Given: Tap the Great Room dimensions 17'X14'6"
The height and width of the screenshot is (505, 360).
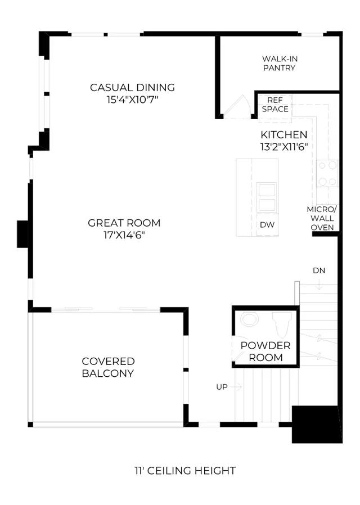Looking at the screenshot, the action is click(x=124, y=235).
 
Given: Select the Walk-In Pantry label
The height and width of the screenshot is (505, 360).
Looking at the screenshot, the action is click(x=280, y=64).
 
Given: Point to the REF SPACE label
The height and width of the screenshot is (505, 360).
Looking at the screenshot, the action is click(x=275, y=105).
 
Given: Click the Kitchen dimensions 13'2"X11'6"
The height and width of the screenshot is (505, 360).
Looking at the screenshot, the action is click(x=284, y=147).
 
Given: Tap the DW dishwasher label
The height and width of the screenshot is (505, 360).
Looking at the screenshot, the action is click(x=267, y=224).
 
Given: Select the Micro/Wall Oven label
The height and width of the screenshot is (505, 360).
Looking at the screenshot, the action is click(x=322, y=218).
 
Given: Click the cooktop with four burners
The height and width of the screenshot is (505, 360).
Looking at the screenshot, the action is click(x=327, y=174).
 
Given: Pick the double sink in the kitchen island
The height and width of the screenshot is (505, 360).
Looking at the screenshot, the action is click(x=267, y=197).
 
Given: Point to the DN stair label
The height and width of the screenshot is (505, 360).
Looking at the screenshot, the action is click(x=319, y=270).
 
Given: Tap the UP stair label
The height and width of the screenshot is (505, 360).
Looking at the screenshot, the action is click(x=222, y=387).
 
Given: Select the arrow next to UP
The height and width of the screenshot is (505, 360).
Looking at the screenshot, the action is click(x=236, y=386).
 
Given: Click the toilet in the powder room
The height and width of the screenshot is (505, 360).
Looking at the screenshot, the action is click(x=282, y=324).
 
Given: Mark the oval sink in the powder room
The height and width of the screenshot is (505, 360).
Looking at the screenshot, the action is click(x=250, y=320).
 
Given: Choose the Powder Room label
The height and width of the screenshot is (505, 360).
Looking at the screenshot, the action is click(x=265, y=351).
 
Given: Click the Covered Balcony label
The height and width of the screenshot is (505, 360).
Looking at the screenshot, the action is click(x=108, y=367).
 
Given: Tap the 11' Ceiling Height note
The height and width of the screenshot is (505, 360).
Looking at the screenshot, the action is click(x=185, y=471).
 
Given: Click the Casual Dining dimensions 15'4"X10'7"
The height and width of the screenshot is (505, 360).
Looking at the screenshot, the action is click(x=132, y=100).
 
